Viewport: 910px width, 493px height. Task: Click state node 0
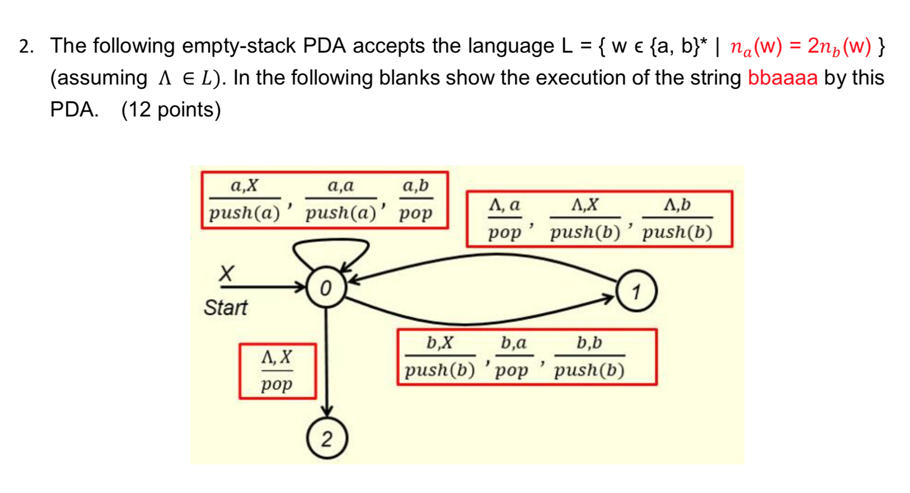pos(326,288)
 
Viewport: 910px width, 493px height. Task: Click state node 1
pos(636,291)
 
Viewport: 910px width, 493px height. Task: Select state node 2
pos(327,439)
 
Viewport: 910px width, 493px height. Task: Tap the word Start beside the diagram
pos(225,308)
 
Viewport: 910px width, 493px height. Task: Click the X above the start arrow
pos(226,273)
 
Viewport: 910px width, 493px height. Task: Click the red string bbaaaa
pos(782,78)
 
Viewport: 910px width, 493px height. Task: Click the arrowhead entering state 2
pos(327,412)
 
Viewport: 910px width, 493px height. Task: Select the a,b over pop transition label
pos(416,199)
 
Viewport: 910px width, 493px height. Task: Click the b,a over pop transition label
pos(513,356)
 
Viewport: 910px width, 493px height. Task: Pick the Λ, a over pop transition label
pos(504,218)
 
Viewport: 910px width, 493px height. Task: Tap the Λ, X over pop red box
pos(278,371)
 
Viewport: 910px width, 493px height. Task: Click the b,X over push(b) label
pos(440,356)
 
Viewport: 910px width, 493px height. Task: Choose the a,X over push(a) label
pos(245,199)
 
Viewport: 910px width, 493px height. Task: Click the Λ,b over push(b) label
pos(677,218)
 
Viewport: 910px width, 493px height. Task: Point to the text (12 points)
pos(171,109)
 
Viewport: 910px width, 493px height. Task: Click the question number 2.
pos(25,46)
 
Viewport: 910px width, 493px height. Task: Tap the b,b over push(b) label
pos(589,356)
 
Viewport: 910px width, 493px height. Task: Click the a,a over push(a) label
pos(341,199)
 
